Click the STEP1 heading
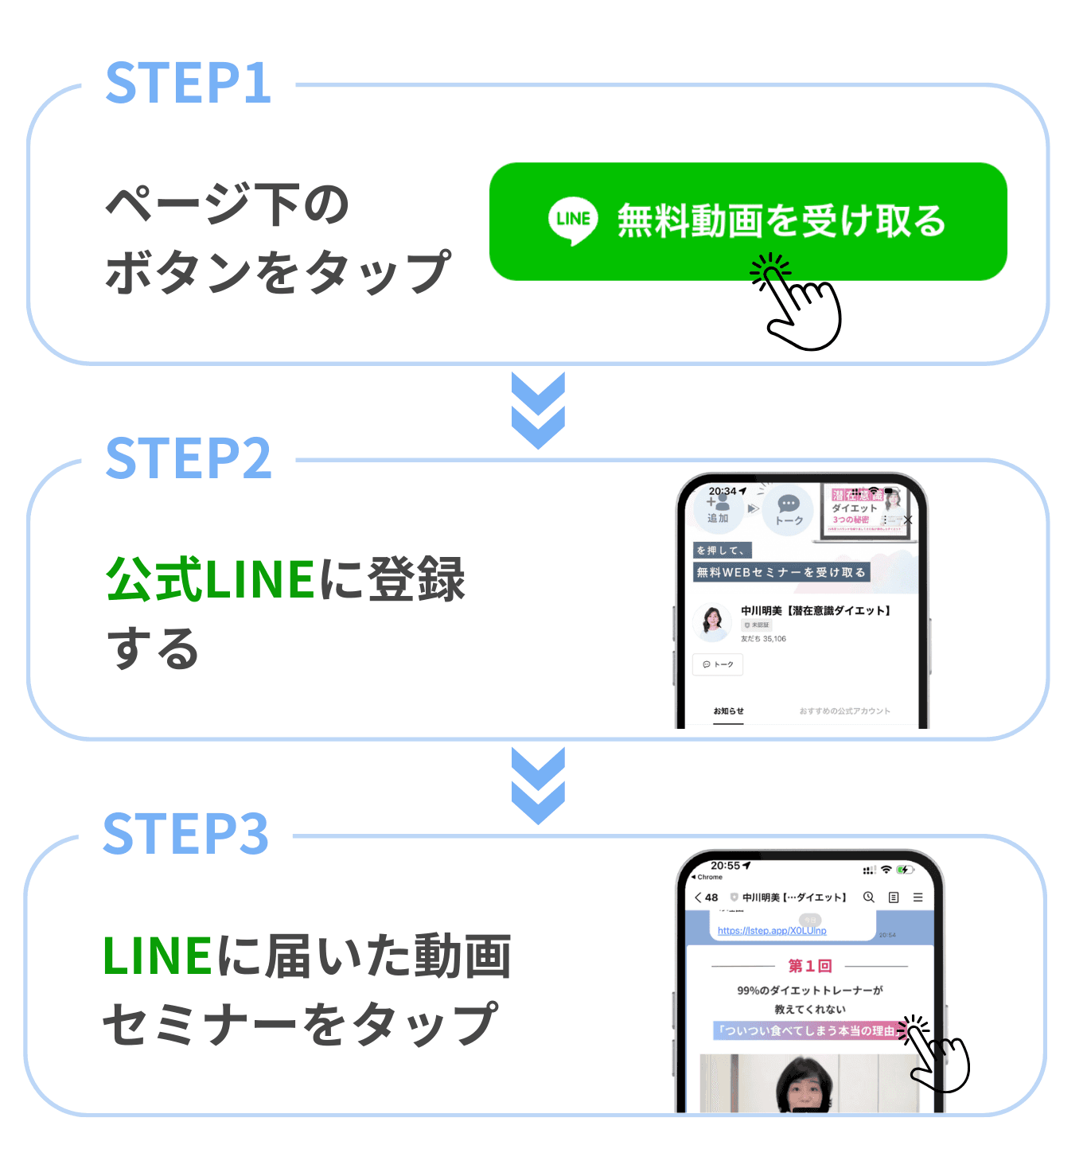coord(189,84)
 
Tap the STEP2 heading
coord(189,458)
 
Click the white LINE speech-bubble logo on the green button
coord(573,220)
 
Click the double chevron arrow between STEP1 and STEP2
coord(538,410)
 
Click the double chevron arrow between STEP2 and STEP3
coord(538,785)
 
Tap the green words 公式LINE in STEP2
coord(211,579)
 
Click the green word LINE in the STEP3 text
coord(158,955)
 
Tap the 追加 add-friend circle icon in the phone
coord(718,508)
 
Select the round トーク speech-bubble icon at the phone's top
coord(789,508)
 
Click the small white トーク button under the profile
coord(718,664)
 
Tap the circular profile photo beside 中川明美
coord(712,622)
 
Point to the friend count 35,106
coord(774,639)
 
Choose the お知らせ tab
coord(728,711)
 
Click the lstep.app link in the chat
coord(772,931)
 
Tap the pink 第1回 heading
coord(810,966)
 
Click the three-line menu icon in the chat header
coord(918,898)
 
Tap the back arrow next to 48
coord(698,898)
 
